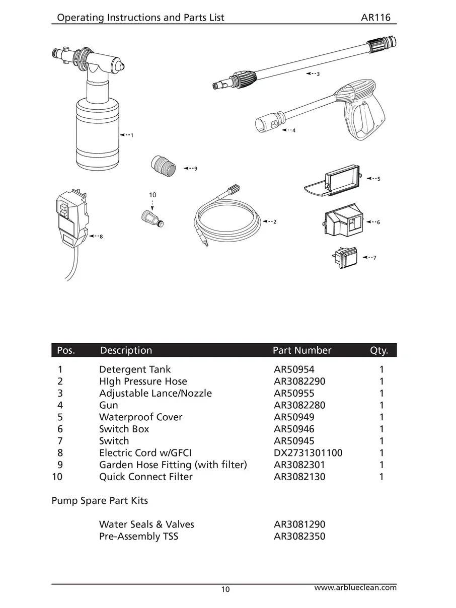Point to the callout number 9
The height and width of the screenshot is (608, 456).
pyautogui.click(x=195, y=168)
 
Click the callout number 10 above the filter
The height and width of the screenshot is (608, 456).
pyautogui.click(x=153, y=194)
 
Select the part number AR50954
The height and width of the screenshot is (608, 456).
pyautogui.click(x=294, y=369)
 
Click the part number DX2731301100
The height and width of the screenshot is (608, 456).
pyautogui.click(x=308, y=452)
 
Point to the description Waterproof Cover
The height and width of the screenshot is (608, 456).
pyautogui.click(x=140, y=417)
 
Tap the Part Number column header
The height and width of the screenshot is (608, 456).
pyautogui.click(x=302, y=350)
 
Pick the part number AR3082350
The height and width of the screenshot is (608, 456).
pyautogui.click(x=299, y=536)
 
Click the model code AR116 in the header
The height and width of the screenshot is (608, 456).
pyautogui.click(x=376, y=18)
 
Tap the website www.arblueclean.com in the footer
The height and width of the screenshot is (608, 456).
pyautogui.click(x=355, y=587)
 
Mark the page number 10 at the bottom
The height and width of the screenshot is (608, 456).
pyautogui.click(x=225, y=589)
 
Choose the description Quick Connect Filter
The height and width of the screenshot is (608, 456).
pyautogui.click(x=145, y=476)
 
